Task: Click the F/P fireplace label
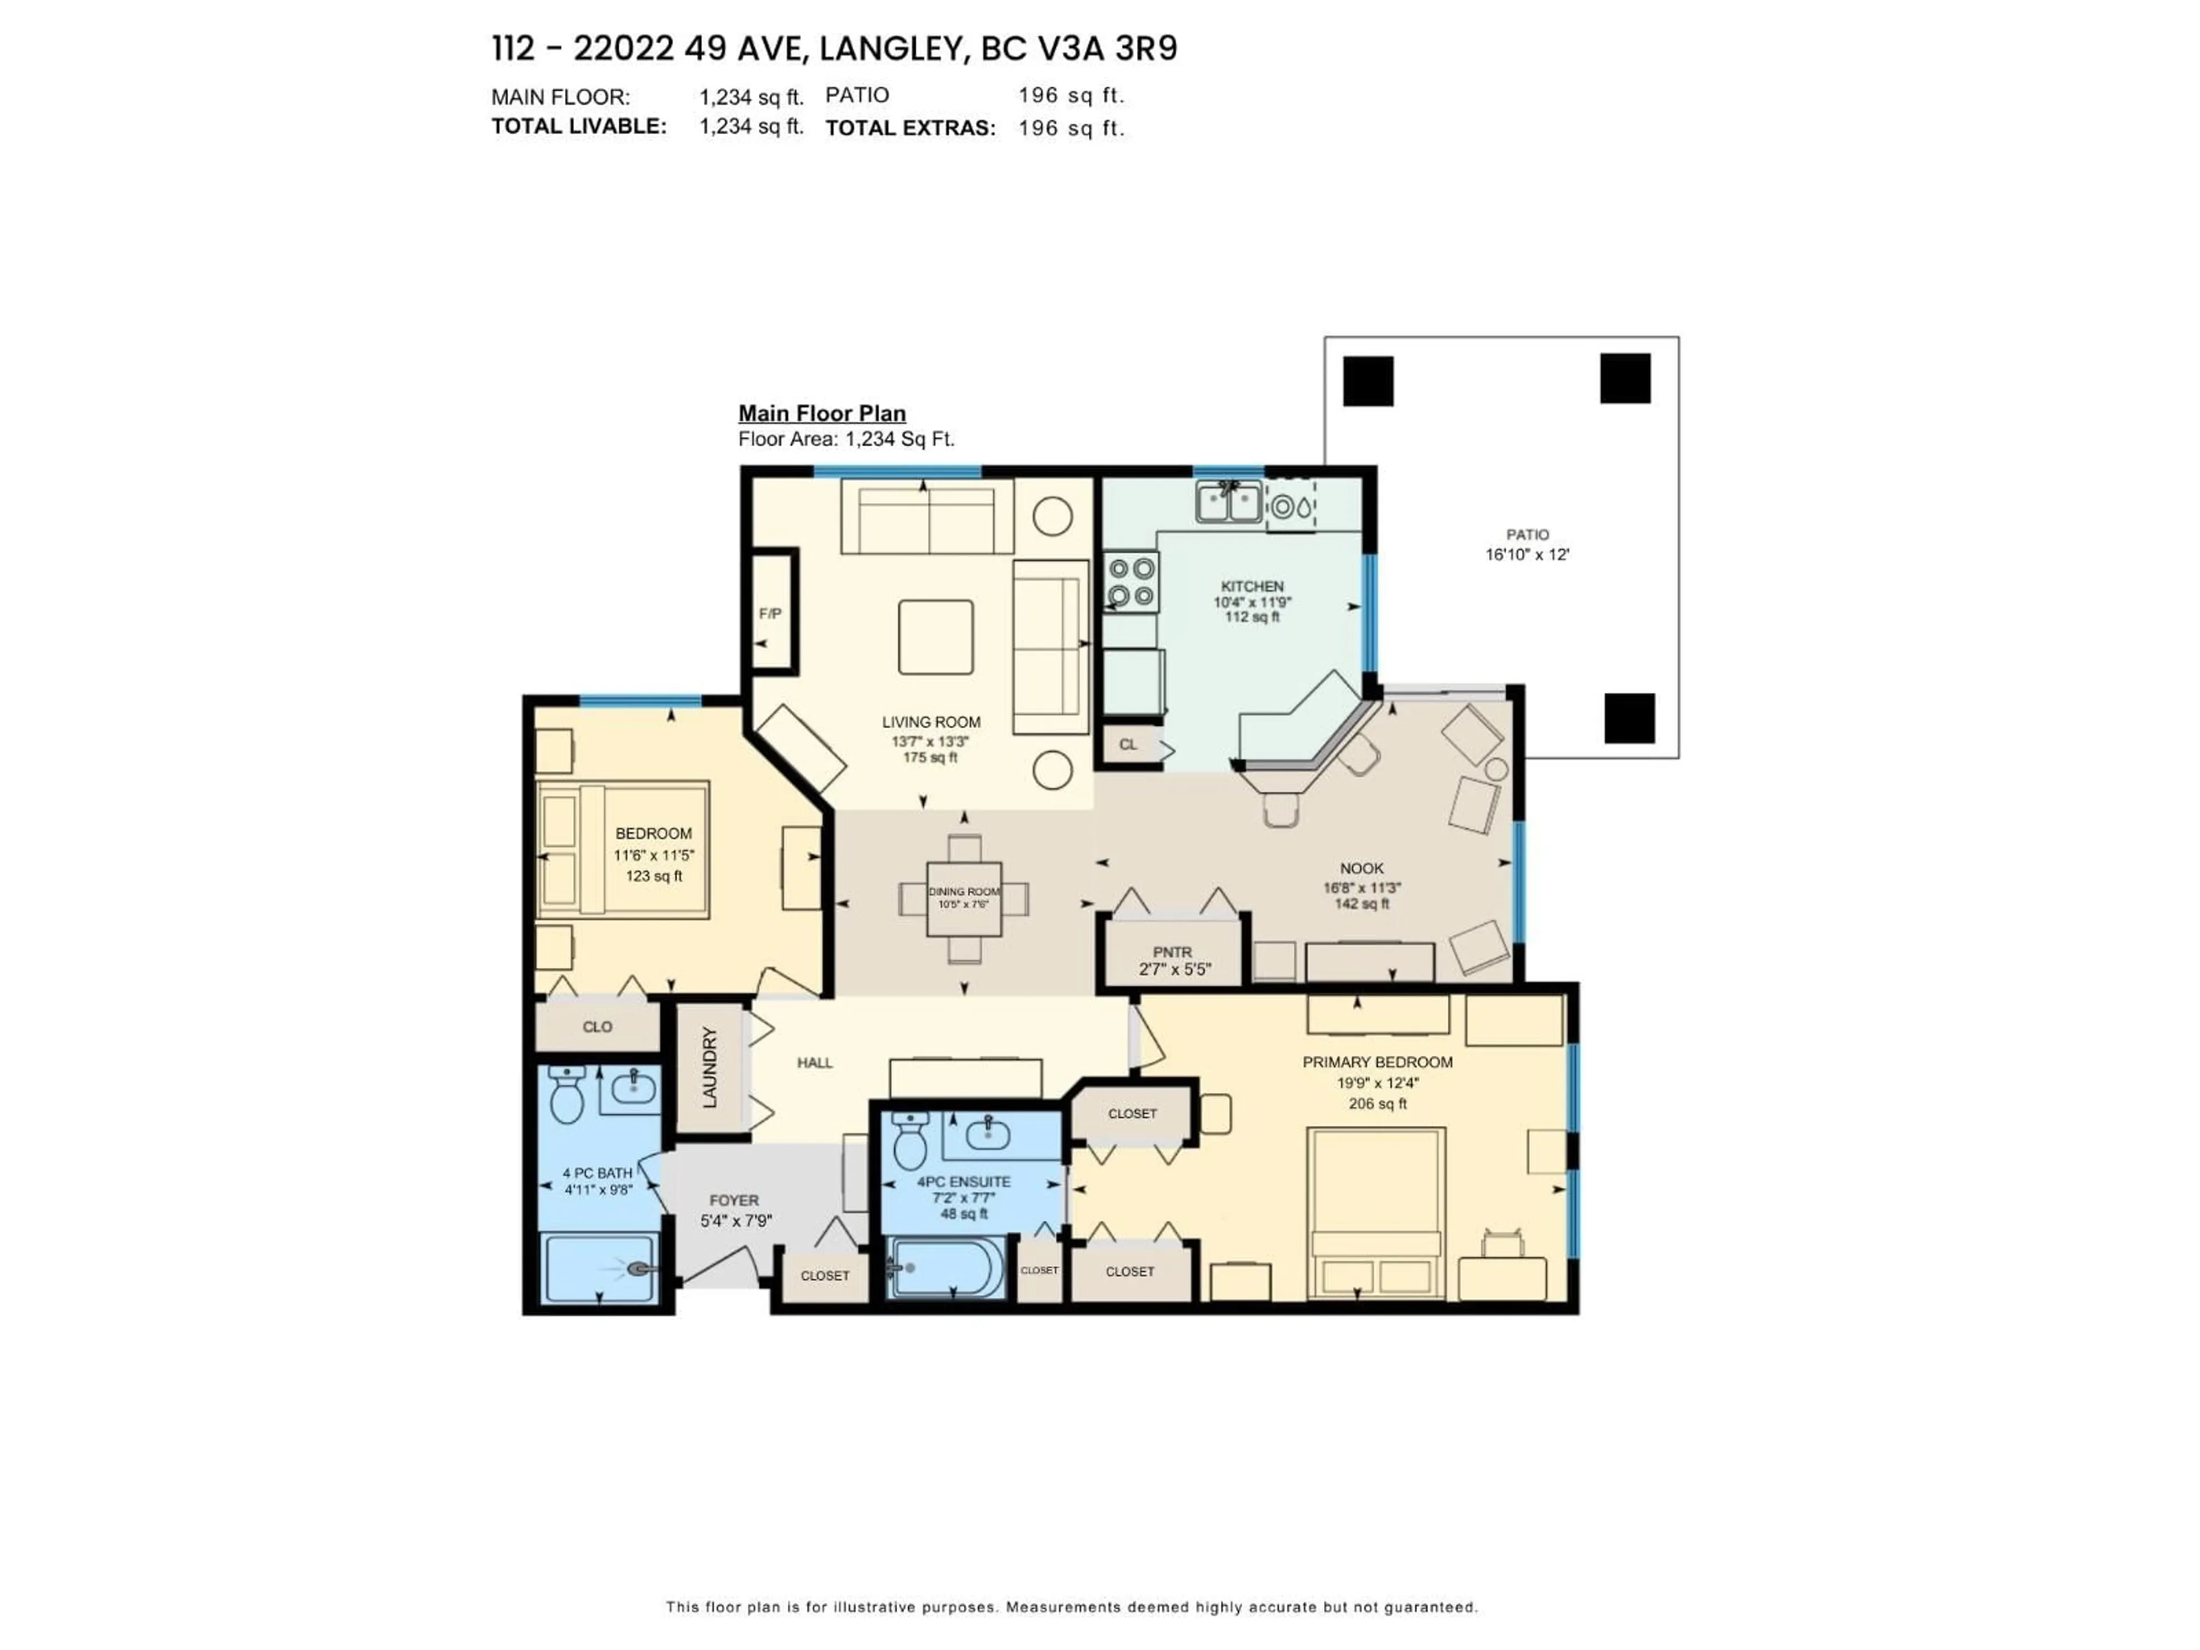pyautogui.click(x=770, y=614)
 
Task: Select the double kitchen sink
pyautogui.click(x=1229, y=501)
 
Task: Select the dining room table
pyautogui.click(x=964, y=898)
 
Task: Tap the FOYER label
pyautogui.click(x=734, y=1200)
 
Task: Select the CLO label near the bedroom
pyautogui.click(x=597, y=1027)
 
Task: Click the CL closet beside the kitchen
pyautogui.click(x=1128, y=744)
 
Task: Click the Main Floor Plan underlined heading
pyautogui.click(x=822, y=414)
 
